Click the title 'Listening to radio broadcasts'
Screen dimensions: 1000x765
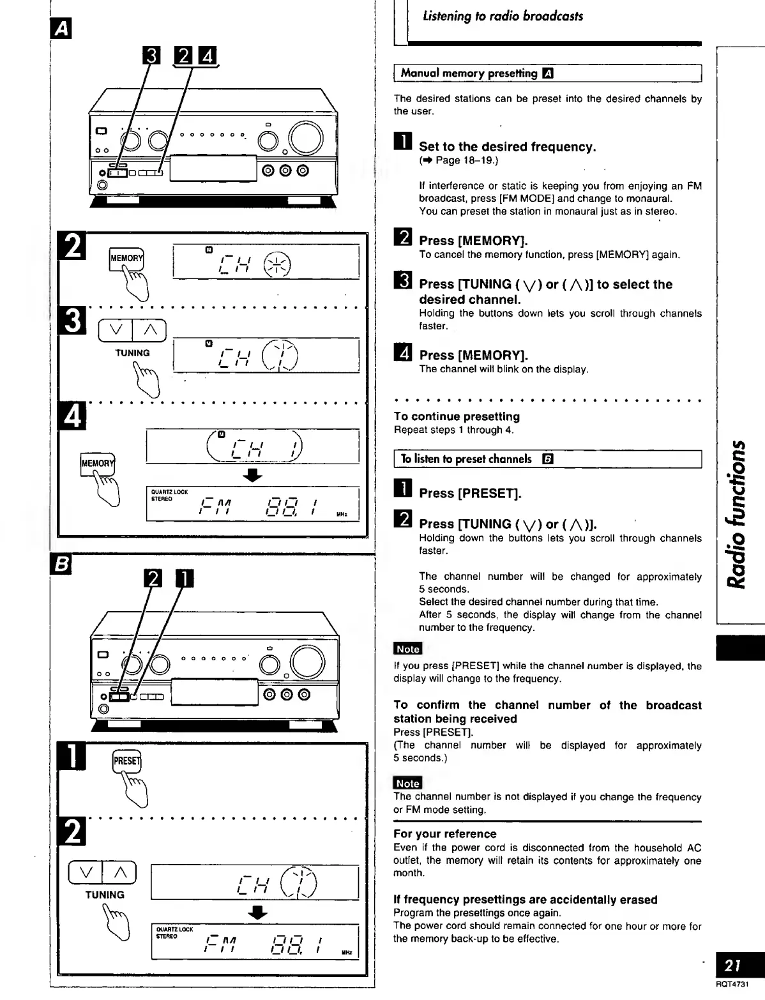pyautogui.click(x=503, y=17)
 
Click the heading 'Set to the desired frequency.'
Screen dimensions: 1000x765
pyautogui.click(x=507, y=147)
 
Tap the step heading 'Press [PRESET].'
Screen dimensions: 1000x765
pyautogui.click(x=470, y=494)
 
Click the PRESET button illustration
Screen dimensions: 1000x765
pyautogui.click(x=126, y=761)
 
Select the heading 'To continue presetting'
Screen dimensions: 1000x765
pyautogui.click(x=457, y=417)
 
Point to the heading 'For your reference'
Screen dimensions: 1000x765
pyautogui.click(x=444, y=834)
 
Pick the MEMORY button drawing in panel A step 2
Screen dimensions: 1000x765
pyautogui.click(x=126, y=258)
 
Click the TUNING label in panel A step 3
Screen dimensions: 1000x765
pyautogui.click(x=132, y=353)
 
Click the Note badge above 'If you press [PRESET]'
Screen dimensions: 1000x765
pyautogui.click(x=407, y=649)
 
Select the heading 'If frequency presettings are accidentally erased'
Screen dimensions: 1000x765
pyautogui.click(x=525, y=900)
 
